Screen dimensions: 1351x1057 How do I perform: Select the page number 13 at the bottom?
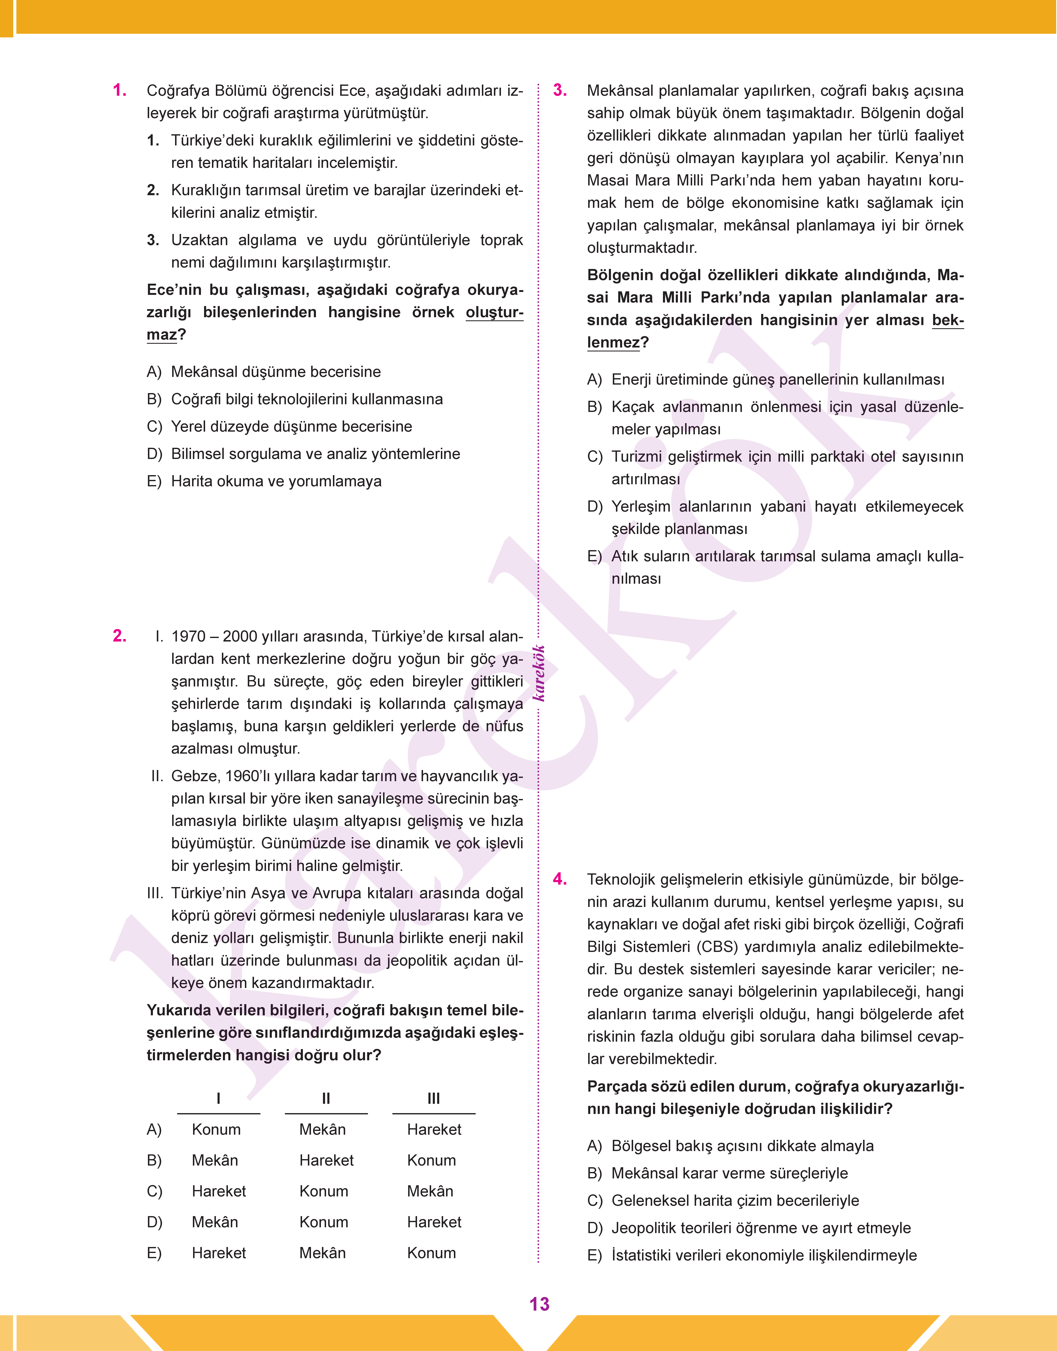pyautogui.click(x=539, y=1304)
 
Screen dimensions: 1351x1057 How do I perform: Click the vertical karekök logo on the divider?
pyautogui.click(x=539, y=673)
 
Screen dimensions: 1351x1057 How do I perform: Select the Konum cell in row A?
pyautogui.click(x=216, y=1129)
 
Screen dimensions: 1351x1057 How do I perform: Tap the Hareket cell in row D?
pyautogui.click(x=434, y=1222)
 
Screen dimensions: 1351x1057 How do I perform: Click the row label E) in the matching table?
pyautogui.click(x=154, y=1253)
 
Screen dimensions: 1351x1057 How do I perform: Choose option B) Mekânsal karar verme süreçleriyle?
pyautogui.click(x=729, y=1173)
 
